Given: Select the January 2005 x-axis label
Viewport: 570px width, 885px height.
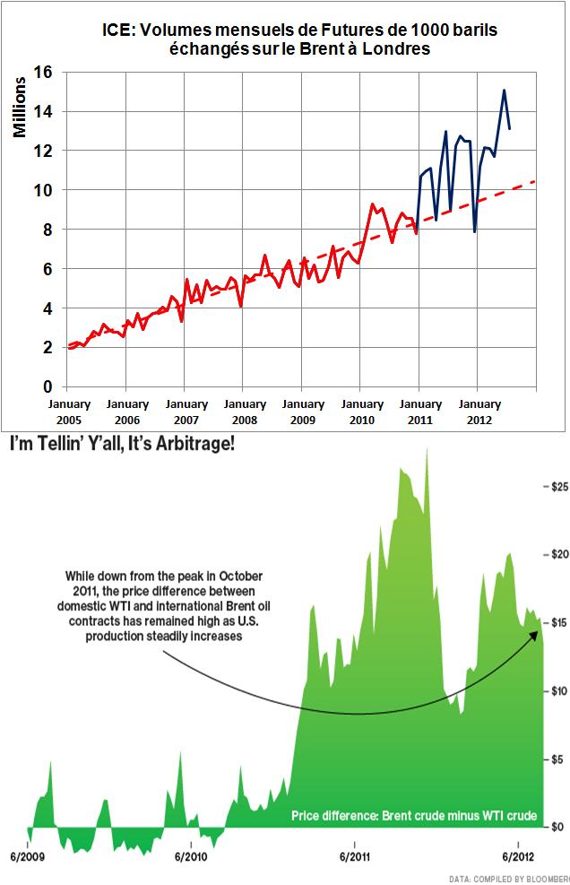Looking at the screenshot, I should pyautogui.click(x=67, y=411).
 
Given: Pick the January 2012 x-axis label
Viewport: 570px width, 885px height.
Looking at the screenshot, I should pyautogui.click(x=475, y=411).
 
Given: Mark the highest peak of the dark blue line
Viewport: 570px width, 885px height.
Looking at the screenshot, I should pyautogui.click(x=505, y=90).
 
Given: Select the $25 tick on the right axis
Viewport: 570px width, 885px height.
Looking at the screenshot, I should pyautogui.click(x=557, y=486).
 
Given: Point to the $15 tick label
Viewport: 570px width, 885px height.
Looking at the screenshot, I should pyautogui.click(x=557, y=622).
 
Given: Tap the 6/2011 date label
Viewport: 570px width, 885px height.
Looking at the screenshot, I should pyautogui.click(x=355, y=856).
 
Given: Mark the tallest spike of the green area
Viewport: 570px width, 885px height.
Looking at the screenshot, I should pyautogui.click(x=427, y=448).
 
